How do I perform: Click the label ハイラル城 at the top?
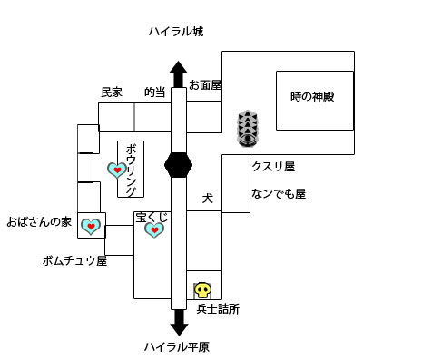pyautogui.click(x=177, y=32)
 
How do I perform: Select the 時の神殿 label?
pyautogui.click(x=313, y=97)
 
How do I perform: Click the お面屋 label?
pyautogui.click(x=205, y=84)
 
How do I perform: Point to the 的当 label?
pyautogui.click(x=154, y=92)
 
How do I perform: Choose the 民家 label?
pyautogui.click(x=111, y=92)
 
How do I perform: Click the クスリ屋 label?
pyautogui.click(x=273, y=167)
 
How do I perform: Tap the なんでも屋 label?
pyautogui.click(x=279, y=193)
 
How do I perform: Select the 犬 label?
pyautogui.click(x=207, y=196)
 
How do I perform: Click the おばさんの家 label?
pyautogui.click(x=39, y=221)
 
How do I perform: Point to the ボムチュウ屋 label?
pyautogui.click(x=74, y=260)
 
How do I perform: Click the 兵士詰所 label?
pyautogui.click(x=218, y=310)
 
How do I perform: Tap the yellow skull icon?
pyautogui.click(x=202, y=291)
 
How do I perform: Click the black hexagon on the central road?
pyautogui.click(x=178, y=166)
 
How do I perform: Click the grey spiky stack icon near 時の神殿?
pyautogui.click(x=247, y=130)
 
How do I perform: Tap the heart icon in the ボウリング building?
pyautogui.click(x=117, y=170)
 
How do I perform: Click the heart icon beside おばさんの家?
pyautogui.click(x=91, y=227)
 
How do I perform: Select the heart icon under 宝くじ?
pyautogui.click(x=154, y=230)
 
